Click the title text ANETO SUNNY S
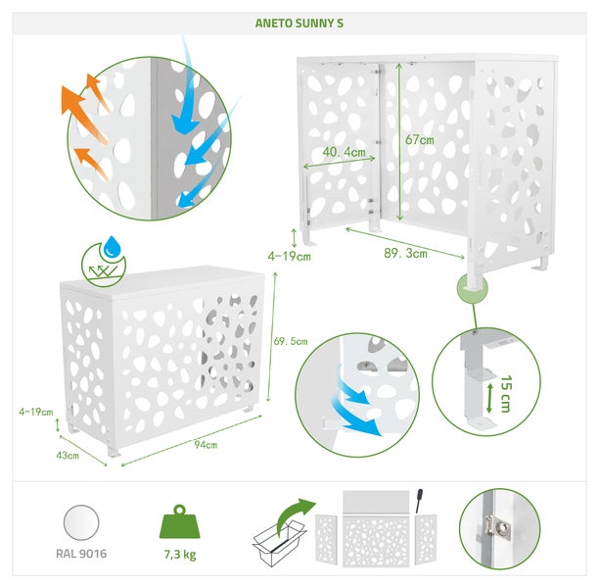pyautogui.click(x=299, y=22)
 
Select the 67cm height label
pyautogui.click(x=420, y=140)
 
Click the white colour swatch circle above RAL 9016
pyautogui.click(x=83, y=519)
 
